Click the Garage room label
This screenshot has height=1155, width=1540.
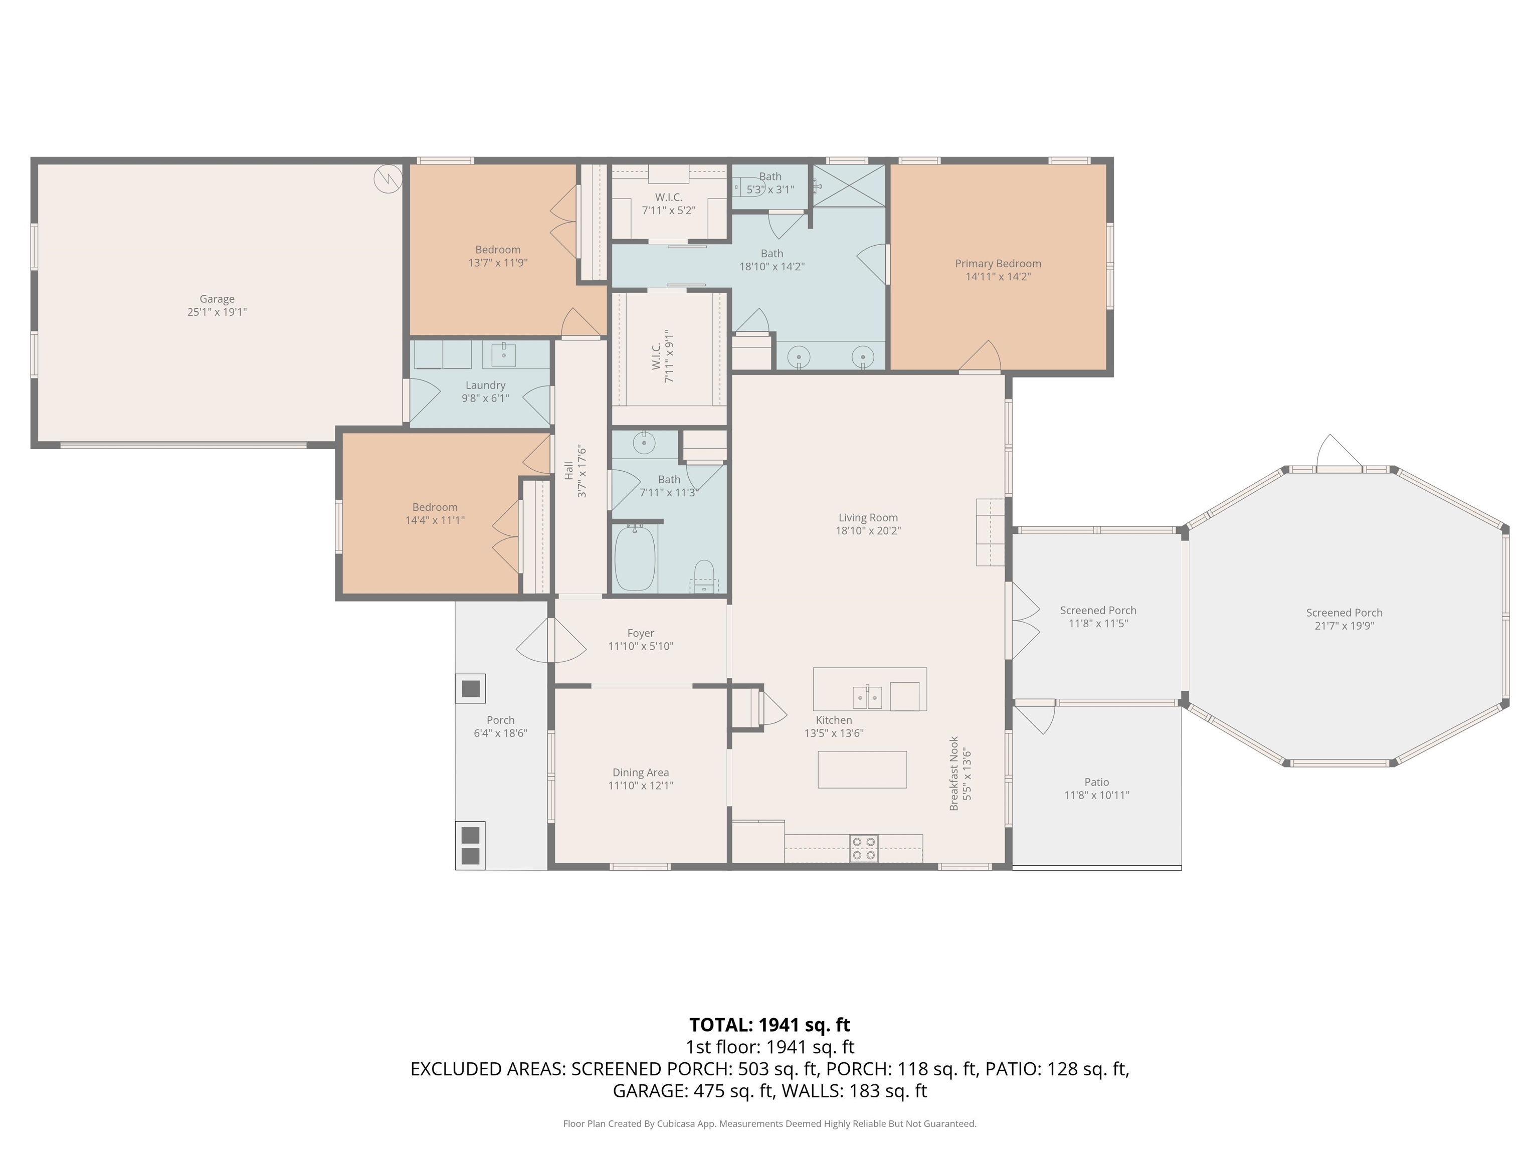pos(217,299)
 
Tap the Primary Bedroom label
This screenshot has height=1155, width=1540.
pos(998,264)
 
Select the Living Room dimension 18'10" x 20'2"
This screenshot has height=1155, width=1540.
pos(868,530)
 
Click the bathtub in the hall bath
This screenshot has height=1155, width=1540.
pos(635,557)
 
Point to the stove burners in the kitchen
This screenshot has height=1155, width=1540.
pos(864,849)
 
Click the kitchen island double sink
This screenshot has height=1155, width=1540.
pos(867,697)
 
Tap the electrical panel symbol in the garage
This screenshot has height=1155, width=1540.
pos(388,179)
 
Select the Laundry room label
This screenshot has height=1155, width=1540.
pos(485,386)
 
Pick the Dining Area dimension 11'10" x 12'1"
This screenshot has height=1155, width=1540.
pos(641,786)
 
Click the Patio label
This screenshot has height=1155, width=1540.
pos(1096,783)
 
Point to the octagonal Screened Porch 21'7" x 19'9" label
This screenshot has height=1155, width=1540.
pos(1344,620)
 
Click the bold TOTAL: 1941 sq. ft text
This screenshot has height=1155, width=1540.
pos(770,1025)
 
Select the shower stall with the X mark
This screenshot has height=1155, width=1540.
pos(849,186)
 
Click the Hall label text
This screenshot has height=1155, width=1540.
pos(569,471)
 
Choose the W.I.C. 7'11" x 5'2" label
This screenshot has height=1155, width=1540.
pos(668,204)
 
